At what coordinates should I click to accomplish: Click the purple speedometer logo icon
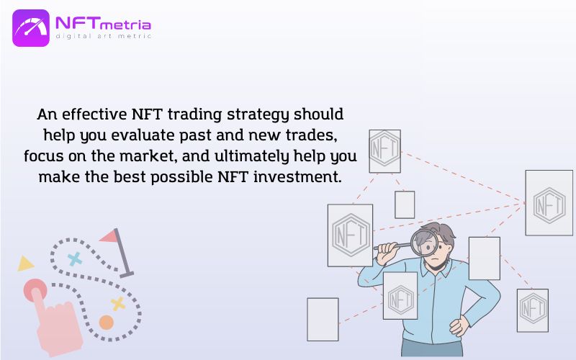pyautogui.click(x=31, y=28)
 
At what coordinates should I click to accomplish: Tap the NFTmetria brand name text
pyautogui.click(x=103, y=24)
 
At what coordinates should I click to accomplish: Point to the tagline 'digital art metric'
pyautogui.click(x=103, y=36)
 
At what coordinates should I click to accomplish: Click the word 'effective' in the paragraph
pyautogui.click(x=94, y=114)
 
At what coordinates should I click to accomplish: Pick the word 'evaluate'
pyautogui.click(x=143, y=135)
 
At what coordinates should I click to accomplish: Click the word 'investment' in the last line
pyautogui.click(x=297, y=176)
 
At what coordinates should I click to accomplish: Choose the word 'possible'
pyautogui.click(x=182, y=177)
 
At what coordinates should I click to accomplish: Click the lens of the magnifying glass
pyautogui.click(x=424, y=243)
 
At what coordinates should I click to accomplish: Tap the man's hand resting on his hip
pyautogui.click(x=459, y=326)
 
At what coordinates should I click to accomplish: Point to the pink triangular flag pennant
pyautogui.click(x=109, y=236)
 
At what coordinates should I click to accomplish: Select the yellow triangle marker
pyautogui.click(x=25, y=264)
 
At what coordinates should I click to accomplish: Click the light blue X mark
pyautogui.click(x=75, y=259)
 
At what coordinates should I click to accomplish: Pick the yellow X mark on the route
pyautogui.click(x=118, y=304)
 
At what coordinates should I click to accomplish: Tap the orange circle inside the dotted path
pyautogui.click(x=106, y=322)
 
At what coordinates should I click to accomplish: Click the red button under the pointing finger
pyautogui.click(x=35, y=290)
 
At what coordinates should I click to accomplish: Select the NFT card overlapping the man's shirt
pyautogui.click(x=400, y=296)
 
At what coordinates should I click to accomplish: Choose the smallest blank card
pyautogui.click(x=405, y=204)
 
